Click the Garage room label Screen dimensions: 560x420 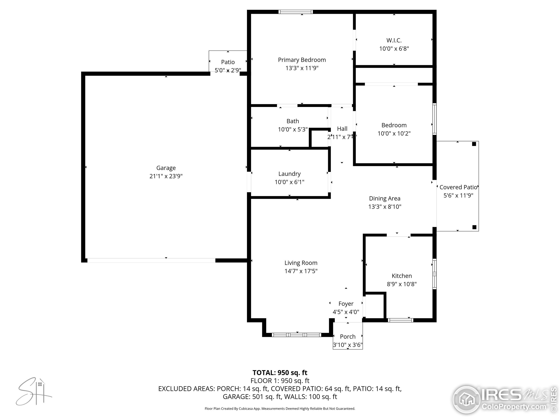(166, 168)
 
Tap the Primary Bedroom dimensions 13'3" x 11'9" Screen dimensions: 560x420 (302, 68)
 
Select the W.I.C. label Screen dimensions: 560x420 (394, 40)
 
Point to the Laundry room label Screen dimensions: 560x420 (289, 174)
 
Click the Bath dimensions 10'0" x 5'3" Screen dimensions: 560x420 (293, 129)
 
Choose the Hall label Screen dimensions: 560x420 (342, 129)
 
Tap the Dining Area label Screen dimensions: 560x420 (385, 198)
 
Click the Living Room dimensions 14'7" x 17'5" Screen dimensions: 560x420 (301, 271)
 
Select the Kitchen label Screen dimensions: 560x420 (402, 276)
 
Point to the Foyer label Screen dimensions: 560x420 (346, 304)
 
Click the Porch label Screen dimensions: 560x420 (348, 336)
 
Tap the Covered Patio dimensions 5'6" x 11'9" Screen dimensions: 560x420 (458, 195)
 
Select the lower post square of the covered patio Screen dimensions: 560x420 (474, 227)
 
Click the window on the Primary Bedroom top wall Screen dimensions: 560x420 (296, 12)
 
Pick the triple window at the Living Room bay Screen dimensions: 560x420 (296, 335)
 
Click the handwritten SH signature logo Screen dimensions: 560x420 (33, 391)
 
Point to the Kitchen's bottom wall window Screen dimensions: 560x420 (401, 320)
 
